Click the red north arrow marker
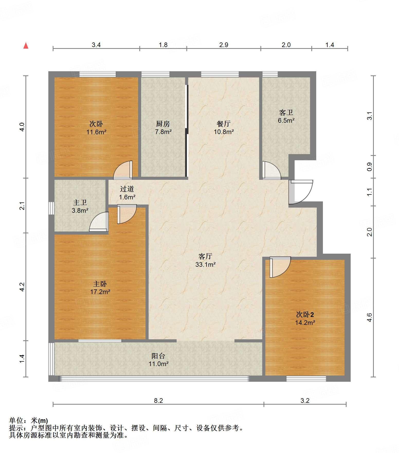tap(26, 46)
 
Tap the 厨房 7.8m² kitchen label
tap(163, 128)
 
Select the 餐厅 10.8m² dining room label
tap(224, 128)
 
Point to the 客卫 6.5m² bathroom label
tap(286, 116)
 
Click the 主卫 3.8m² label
tap(80, 207)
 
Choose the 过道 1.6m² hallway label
tap(127, 193)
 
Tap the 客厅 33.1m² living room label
tap(205, 260)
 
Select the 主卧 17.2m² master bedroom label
tap(100, 288)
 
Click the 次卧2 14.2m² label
tap(305, 318)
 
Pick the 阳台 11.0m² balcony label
tap(158, 360)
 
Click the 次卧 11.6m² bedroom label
tap(96, 128)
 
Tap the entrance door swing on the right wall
tap(301, 192)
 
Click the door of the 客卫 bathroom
tap(271, 170)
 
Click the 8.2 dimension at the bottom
tap(158, 401)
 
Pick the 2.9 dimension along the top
tap(224, 45)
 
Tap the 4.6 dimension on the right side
tap(369, 317)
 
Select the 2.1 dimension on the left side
tap(22, 206)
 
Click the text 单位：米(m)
tap(29, 421)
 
